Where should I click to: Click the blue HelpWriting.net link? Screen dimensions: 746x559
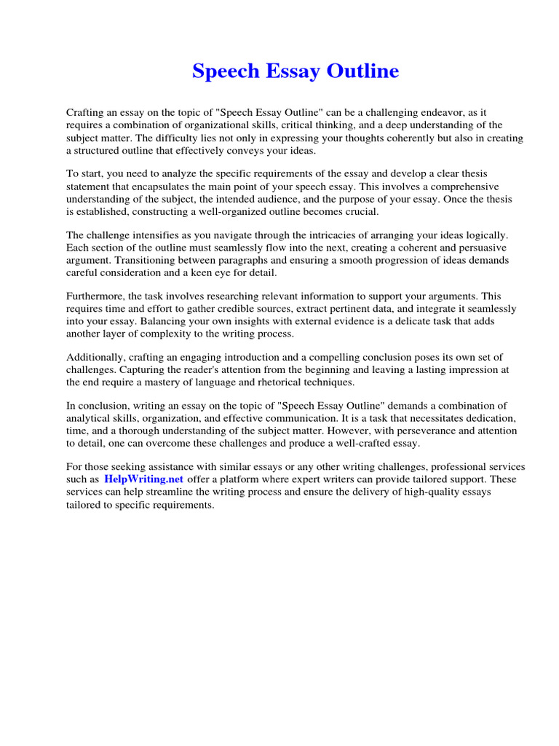click(144, 479)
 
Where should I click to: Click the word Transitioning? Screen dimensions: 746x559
click(147, 260)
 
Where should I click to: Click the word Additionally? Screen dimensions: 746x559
click(95, 357)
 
